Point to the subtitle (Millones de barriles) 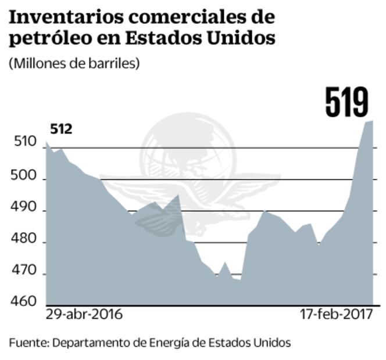click(74, 63)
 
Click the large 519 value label click(347, 102)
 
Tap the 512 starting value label click(60, 129)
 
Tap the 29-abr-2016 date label click(84, 316)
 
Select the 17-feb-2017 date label click(336, 316)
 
